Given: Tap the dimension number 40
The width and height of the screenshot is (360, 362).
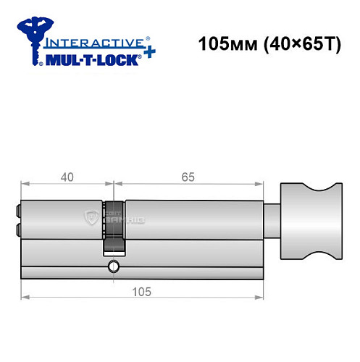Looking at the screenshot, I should [67, 175].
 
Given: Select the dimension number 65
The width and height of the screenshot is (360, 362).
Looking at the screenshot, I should [189, 175].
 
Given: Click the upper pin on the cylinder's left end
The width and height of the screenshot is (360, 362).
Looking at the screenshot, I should [18, 212].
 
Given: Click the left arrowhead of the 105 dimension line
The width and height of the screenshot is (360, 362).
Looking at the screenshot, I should [25, 296].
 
